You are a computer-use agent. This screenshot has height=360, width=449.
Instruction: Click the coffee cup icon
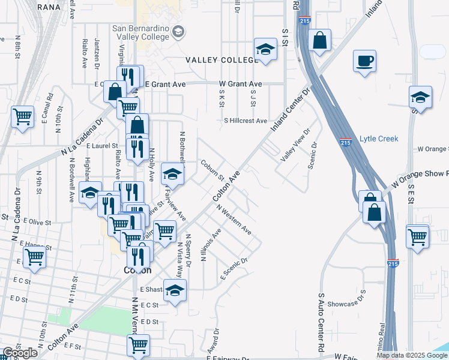(364, 61)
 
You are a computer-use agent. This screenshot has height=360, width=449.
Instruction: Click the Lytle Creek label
(379, 139)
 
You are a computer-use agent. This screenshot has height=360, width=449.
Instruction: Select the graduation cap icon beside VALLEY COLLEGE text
(265, 50)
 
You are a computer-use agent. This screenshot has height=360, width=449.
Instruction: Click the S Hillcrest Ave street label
(246, 121)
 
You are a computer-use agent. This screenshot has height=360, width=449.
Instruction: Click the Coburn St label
(212, 170)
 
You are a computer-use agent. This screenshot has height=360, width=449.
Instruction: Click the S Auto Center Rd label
(322, 322)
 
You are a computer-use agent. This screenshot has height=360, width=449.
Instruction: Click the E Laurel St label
(102, 146)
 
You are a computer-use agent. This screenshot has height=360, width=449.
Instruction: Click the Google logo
(19, 353)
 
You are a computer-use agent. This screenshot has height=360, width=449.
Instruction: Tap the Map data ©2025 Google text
(412, 355)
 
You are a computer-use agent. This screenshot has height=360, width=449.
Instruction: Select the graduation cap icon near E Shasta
(175, 291)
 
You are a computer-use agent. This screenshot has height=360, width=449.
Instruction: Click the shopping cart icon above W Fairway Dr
(138, 346)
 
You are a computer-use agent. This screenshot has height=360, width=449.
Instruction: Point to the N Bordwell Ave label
(71, 179)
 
